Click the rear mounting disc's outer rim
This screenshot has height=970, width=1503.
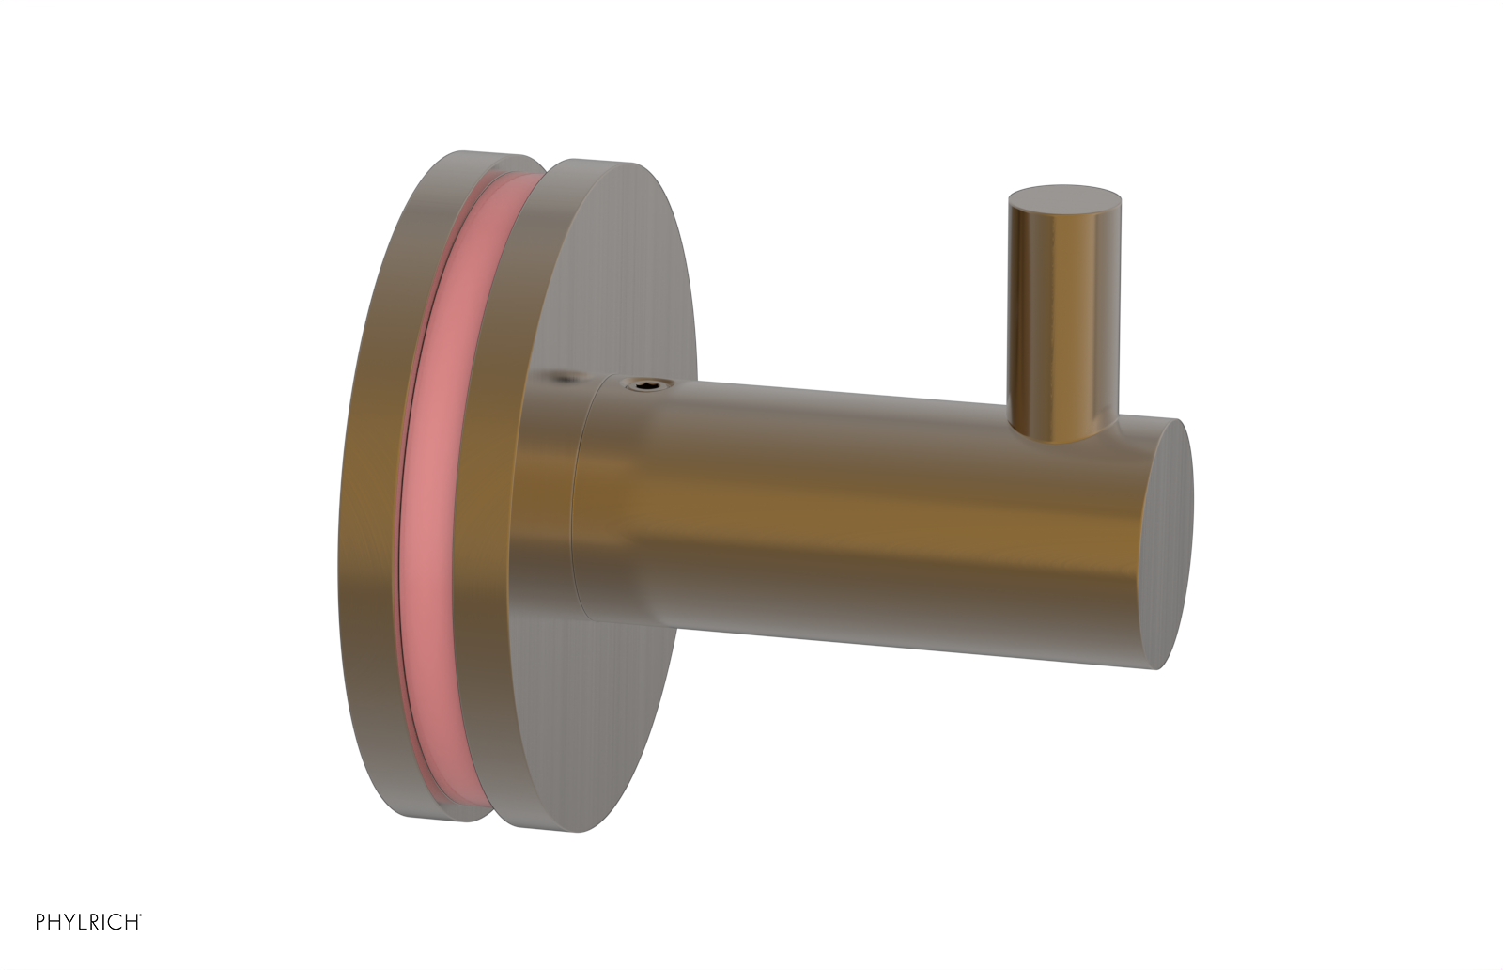point(371,489)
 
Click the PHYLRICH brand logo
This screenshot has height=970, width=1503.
point(88,922)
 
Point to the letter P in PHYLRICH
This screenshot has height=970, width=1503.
point(41,922)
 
